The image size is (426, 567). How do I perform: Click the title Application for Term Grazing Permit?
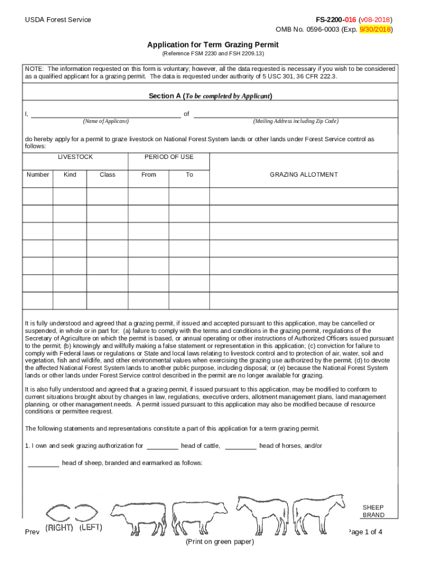click(212, 44)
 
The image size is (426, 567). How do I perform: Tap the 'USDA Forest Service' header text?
click(58, 20)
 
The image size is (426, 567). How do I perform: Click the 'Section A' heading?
click(210, 96)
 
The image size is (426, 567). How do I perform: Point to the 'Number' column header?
click(38, 174)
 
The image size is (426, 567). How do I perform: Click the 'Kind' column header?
click(70, 174)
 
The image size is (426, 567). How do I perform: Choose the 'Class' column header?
click(107, 174)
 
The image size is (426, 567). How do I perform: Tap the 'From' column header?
click(149, 174)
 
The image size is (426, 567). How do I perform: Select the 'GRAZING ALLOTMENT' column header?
click(303, 174)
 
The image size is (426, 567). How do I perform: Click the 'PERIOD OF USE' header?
click(169, 157)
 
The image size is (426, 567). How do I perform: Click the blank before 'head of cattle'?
click(163, 446)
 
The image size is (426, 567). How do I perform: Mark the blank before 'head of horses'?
click(241, 446)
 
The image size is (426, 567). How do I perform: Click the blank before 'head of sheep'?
click(43, 463)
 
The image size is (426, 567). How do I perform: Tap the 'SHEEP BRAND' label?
click(373, 511)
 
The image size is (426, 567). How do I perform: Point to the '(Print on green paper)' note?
click(220, 542)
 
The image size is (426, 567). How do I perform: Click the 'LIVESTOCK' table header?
click(75, 157)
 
